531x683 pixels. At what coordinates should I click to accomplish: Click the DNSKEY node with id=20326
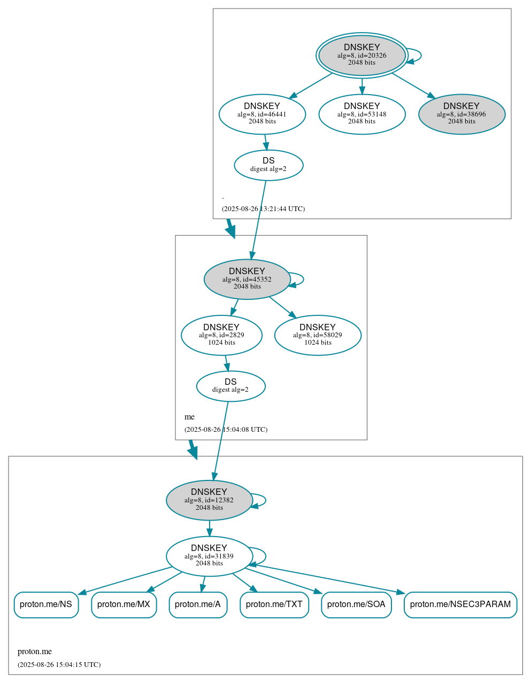(x=361, y=55)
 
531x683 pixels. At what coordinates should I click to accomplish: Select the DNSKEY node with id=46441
(x=262, y=114)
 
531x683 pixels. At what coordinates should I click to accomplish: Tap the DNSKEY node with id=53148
(x=361, y=114)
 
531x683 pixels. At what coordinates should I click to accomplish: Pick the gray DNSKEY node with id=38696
(x=461, y=114)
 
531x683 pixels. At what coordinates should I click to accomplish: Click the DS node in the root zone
(x=268, y=165)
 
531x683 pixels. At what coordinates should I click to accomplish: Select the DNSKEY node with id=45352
(x=247, y=279)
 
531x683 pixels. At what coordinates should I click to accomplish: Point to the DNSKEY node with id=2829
(x=221, y=335)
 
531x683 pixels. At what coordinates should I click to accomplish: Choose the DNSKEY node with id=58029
(x=318, y=335)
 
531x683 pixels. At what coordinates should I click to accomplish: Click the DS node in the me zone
(x=230, y=386)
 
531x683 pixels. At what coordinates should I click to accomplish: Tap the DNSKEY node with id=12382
(x=209, y=500)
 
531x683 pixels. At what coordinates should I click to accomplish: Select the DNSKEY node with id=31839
(x=209, y=556)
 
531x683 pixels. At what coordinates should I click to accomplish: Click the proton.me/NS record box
(x=46, y=604)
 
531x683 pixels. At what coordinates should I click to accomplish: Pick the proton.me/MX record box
(x=124, y=604)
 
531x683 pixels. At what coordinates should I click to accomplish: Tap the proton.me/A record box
(x=198, y=604)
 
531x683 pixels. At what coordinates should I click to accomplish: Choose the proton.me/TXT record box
(x=274, y=604)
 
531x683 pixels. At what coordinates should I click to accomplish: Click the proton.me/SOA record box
(x=356, y=604)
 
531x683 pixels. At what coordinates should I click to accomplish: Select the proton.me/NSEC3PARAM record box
(x=460, y=604)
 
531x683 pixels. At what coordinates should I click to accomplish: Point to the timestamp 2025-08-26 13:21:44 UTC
(x=263, y=208)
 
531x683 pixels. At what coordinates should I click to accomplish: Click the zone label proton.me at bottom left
(x=35, y=651)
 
